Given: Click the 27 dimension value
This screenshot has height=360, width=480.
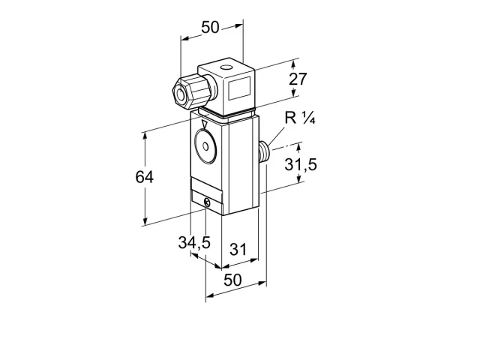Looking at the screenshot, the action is (x=298, y=79).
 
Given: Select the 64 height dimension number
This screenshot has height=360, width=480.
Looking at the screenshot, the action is (x=145, y=177).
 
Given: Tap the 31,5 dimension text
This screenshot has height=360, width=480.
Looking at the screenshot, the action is (x=301, y=164).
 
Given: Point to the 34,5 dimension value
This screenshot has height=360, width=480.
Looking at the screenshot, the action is (x=194, y=243).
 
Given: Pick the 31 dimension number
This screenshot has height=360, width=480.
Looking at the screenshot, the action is (x=238, y=249).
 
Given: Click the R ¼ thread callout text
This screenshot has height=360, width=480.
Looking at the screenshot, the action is (x=300, y=118).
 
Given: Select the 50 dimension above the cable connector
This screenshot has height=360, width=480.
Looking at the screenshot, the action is (x=210, y=27).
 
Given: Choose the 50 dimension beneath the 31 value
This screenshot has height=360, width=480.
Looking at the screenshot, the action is (x=232, y=280).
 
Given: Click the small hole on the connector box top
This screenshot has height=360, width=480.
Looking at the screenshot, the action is (x=226, y=67).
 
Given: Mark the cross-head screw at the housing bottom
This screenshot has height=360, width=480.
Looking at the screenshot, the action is (x=207, y=202).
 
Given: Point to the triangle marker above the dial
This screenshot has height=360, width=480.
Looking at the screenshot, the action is (x=205, y=124).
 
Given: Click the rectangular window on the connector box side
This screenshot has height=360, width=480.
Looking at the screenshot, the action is (x=240, y=88).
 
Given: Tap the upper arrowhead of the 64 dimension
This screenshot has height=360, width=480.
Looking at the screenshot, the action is (x=145, y=136).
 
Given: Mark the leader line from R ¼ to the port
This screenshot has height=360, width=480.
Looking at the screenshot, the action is (x=277, y=133).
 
